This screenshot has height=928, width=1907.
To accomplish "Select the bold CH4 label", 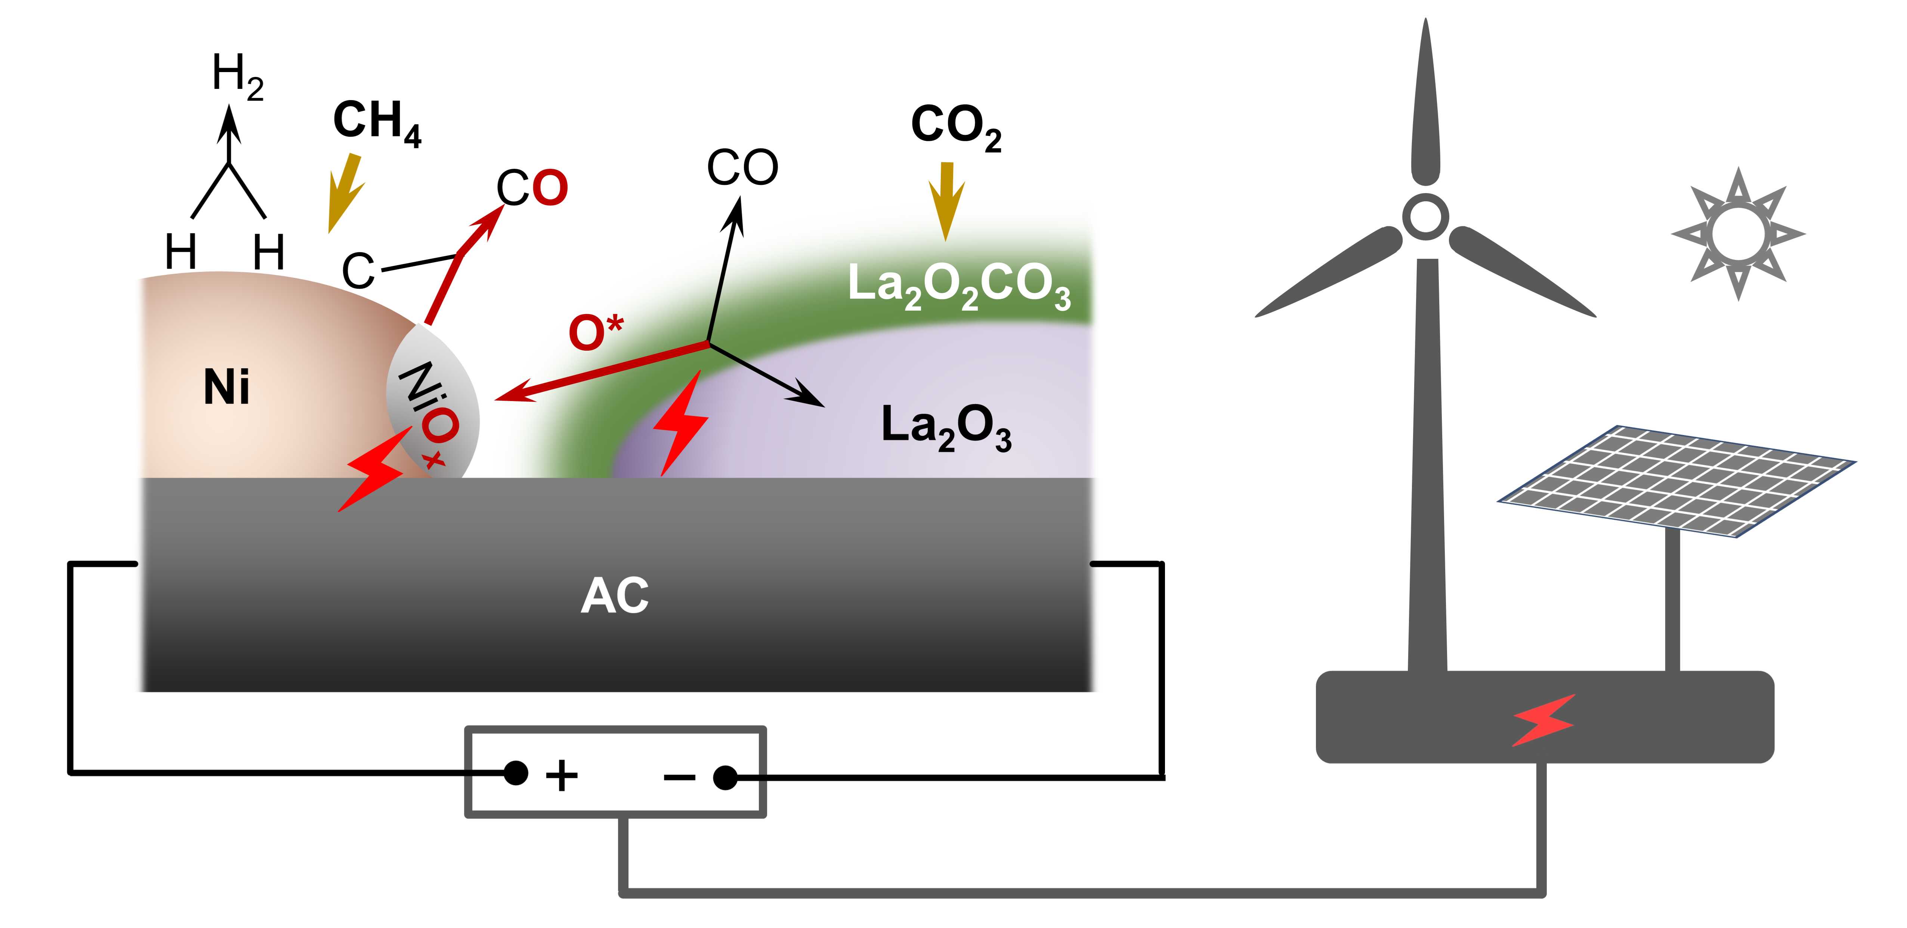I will [377, 122].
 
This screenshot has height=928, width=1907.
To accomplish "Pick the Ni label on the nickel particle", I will [226, 387].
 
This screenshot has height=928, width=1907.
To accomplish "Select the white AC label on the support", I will [615, 596].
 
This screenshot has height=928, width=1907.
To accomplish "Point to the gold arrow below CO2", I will [946, 200].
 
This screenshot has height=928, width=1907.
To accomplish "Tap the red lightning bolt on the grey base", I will [1543, 719].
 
